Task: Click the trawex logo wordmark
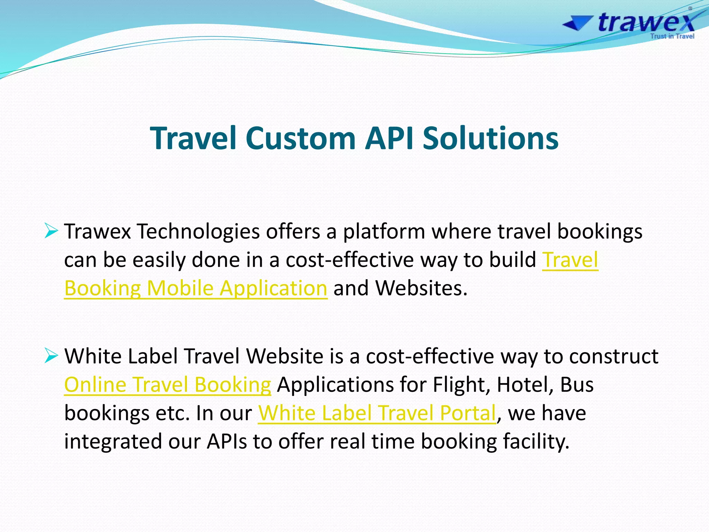coord(646,23)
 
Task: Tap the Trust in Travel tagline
coord(672,36)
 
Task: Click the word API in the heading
coord(389,138)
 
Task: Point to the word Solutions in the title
coord(491,138)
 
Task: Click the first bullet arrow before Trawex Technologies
coord(51,231)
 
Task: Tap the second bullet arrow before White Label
coord(51,356)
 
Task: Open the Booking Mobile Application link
coord(196,288)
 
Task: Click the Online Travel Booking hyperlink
coord(168,384)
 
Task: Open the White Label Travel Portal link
coord(377,413)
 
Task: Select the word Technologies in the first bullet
coord(198,231)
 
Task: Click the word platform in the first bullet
coord(384,231)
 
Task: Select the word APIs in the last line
coord(227,441)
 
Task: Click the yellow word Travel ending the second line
coord(570,260)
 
